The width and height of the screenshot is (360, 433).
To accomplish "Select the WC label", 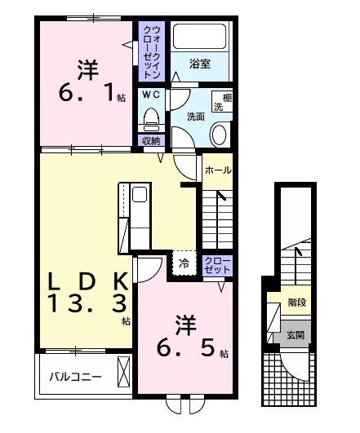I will pos(150,95).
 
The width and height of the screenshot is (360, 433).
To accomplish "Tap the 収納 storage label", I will pos(151,140).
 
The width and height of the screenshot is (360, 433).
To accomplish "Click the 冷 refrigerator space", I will pos(184,263).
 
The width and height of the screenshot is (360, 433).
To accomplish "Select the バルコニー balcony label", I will pos(74,378).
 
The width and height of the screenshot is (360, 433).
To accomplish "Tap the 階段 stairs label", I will pos(296,303).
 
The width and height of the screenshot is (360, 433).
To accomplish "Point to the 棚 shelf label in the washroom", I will pos(219,97).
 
